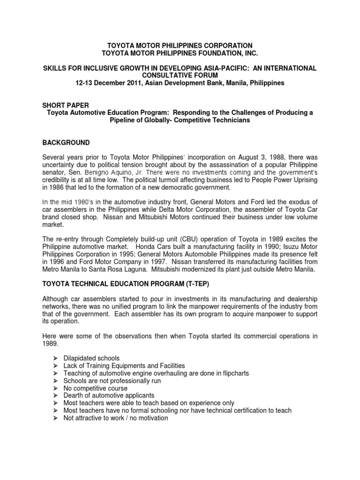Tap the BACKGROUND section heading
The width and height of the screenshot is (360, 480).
66,142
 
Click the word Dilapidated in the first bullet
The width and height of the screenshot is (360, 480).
81,358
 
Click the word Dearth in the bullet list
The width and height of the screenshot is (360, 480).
73,396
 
